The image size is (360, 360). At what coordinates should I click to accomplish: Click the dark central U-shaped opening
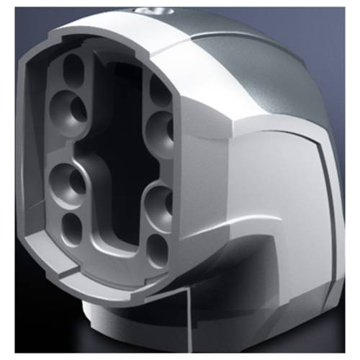tap(115, 144)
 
